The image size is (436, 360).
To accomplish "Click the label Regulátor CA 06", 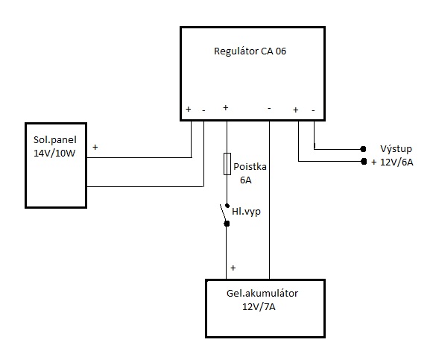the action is pos(250,51).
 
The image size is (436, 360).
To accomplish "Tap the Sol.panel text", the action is pos(54,140).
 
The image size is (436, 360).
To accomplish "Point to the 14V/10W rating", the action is pos(54,154).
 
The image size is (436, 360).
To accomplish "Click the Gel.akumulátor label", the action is pos(262,293).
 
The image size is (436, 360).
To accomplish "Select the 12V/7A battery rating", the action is pos(259,307).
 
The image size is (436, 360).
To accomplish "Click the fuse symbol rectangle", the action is pos(227,164).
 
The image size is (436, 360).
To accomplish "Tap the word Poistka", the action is pos(250,166).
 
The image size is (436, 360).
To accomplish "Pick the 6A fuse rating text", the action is pos(246,180).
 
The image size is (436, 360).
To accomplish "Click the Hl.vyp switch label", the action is pos(247,212).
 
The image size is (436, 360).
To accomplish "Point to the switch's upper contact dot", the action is pos(227,206).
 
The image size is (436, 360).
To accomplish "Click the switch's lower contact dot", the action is pos(227,224).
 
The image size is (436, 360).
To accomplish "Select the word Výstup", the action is pos(396,149).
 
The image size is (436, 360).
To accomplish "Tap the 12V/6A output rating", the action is pos(396,162).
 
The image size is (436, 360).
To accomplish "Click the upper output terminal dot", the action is pos(363,149).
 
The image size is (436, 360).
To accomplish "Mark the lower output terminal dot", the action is pos(364,161).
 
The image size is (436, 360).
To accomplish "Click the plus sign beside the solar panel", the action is pos(95,147).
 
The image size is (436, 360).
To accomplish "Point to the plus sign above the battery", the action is pos(233,268).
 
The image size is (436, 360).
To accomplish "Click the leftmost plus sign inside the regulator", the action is pos(189,109).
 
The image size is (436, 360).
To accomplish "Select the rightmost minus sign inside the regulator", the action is pos(313,110).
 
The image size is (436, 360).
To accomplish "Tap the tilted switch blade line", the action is pos(223,213).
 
